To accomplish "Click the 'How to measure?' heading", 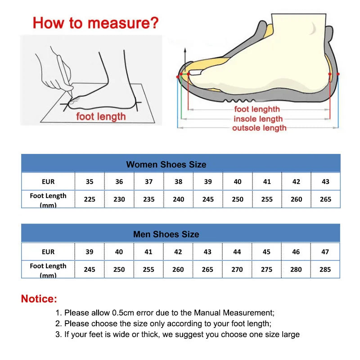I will [x=96, y=23].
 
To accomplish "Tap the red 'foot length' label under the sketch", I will [x=101, y=117].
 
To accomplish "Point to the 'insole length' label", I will [x=258, y=119].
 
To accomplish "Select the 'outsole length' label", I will [x=259, y=128].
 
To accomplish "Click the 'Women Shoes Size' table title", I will [x=166, y=164].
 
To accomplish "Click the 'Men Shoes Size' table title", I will [x=166, y=234].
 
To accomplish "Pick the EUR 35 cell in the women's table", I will [x=90, y=182].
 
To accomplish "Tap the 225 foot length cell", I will [x=90, y=199].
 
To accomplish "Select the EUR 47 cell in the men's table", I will [x=325, y=252].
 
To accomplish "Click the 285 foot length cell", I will [x=325, y=269].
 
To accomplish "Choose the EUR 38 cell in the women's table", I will [x=178, y=182].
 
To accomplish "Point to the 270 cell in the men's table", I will [x=237, y=269].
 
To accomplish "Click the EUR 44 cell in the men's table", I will [x=237, y=252].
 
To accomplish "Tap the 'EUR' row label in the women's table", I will [x=48, y=182].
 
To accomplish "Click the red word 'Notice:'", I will [x=39, y=298].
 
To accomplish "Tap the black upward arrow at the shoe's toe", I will [x=184, y=56].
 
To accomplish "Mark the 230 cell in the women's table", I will [x=119, y=199].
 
